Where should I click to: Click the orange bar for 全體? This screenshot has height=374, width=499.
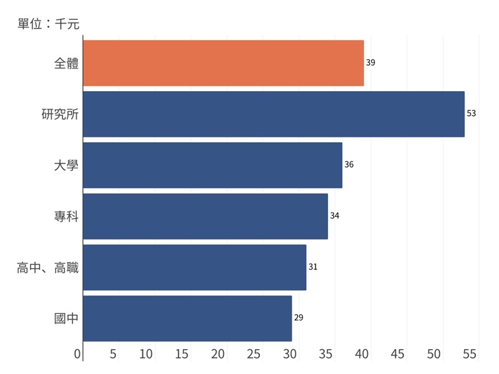pyautogui.click(x=223, y=63)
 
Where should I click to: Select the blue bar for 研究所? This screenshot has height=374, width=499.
pyautogui.click(x=273, y=114)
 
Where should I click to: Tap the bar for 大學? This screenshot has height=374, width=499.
pyautogui.click(x=212, y=165)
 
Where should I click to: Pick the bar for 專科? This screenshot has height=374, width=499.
pyautogui.click(x=205, y=216)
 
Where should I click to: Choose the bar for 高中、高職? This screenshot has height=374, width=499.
pyautogui.click(x=194, y=267)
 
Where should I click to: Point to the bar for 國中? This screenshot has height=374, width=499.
pyautogui.click(x=187, y=319)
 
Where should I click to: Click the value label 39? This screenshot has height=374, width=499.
pyautogui.click(x=371, y=63)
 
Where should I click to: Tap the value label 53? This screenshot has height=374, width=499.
pyautogui.click(x=472, y=114)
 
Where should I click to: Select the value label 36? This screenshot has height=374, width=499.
pyautogui.click(x=349, y=165)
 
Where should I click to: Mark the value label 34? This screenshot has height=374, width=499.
pyautogui.click(x=335, y=216)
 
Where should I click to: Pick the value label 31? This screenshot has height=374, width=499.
pyautogui.click(x=313, y=267)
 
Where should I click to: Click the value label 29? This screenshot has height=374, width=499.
pyautogui.click(x=299, y=318)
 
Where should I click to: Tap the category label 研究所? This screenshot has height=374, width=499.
pyautogui.click(x=60, y=114)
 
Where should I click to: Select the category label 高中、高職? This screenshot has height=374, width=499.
pyautogui.click(x=48, y=267)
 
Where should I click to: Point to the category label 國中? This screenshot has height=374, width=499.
pyautogui.click(x=67, y=319)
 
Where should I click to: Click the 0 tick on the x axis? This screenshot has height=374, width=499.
pyautogui.click(x=78, y=354)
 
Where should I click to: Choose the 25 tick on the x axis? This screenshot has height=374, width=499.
pyautogui.click(x=254, y=354)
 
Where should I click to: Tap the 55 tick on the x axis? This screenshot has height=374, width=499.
pyautogui.click(x=470, y=354)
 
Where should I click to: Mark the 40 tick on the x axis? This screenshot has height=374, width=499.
pyautogui.click(x=362, y=354)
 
